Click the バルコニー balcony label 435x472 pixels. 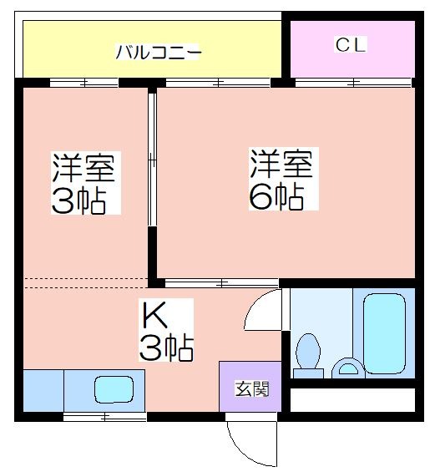(159, 52)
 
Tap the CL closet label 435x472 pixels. (351, 44)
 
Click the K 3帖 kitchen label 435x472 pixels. (166, 330)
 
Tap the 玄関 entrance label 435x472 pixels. (252, 389)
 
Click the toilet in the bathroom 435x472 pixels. (308, 356)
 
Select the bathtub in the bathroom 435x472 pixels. (384, 333)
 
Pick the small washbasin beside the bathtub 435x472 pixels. (348, 368)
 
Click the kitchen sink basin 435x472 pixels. (114, 389)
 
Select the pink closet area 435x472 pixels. (352, 49)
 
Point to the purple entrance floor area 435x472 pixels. (250, 386)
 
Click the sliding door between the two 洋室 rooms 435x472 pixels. (152, 160)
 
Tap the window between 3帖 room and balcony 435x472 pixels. (84, 83)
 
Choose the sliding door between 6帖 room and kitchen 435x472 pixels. (221, 283)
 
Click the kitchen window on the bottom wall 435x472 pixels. (104, 417)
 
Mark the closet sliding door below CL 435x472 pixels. (353, 82)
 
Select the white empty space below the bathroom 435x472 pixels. (352, 400)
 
